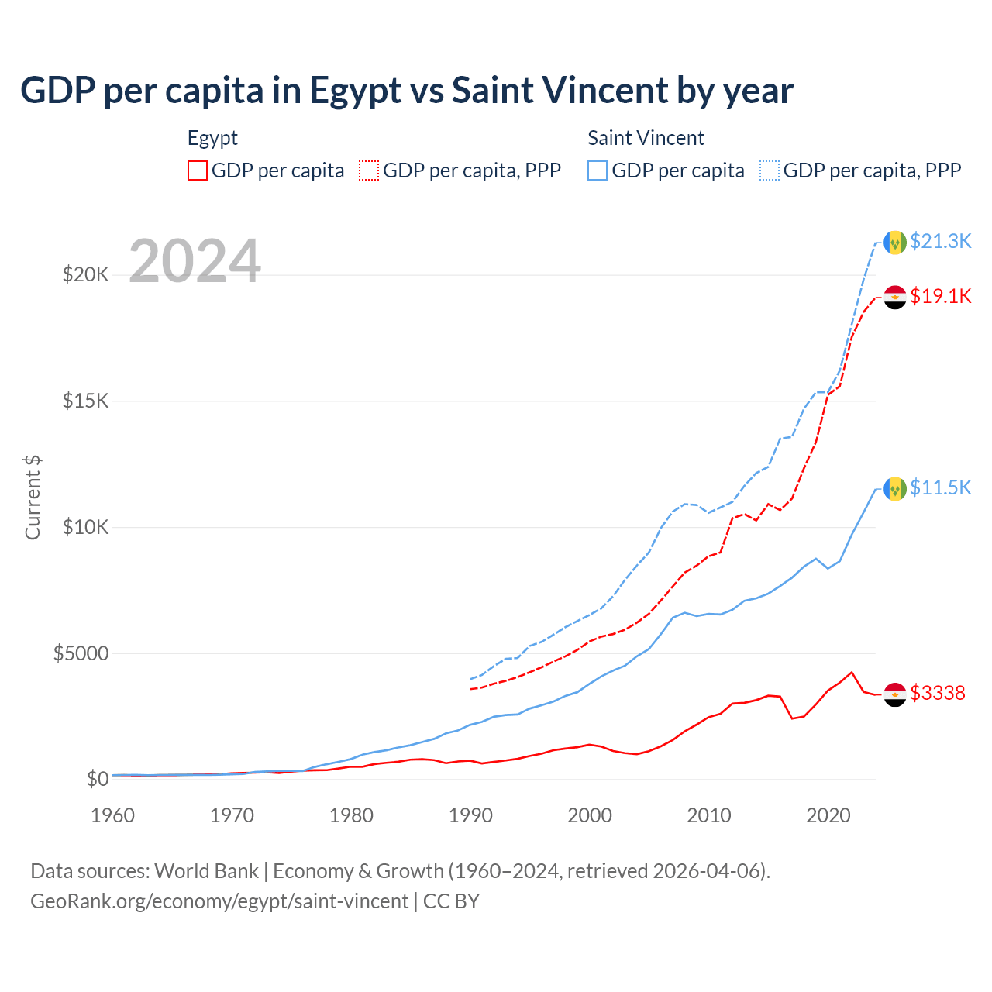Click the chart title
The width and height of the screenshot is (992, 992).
point(407,91)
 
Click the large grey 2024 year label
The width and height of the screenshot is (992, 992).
point(195,261)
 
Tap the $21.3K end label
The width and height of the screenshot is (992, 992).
point(940,241)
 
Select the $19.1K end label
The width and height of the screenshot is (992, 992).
point(940,296)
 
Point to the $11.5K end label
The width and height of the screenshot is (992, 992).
point(940,487)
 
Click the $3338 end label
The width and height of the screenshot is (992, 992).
point(937,693)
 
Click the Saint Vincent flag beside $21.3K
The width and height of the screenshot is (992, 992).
point(895,242)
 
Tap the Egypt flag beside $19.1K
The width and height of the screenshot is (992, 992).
point(895,297)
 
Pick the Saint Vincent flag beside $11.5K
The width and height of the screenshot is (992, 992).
point(895,488)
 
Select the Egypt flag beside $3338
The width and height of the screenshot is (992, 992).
point(895,694)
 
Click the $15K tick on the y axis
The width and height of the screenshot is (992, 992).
point(85,401)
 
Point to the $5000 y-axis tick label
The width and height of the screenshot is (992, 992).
point(81,653)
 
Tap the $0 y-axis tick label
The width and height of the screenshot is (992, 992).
point(97,779)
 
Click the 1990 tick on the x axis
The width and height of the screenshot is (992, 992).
point(470,815)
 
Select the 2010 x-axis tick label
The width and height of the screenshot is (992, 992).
point(709,815)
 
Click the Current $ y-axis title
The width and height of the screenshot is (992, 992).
point(33,497)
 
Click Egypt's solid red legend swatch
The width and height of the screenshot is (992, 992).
point(198,170)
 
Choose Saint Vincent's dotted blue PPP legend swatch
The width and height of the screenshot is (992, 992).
point(770,170)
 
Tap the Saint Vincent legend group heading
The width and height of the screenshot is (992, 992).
point(646,138)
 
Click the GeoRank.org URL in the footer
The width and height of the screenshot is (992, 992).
point(219,901)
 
